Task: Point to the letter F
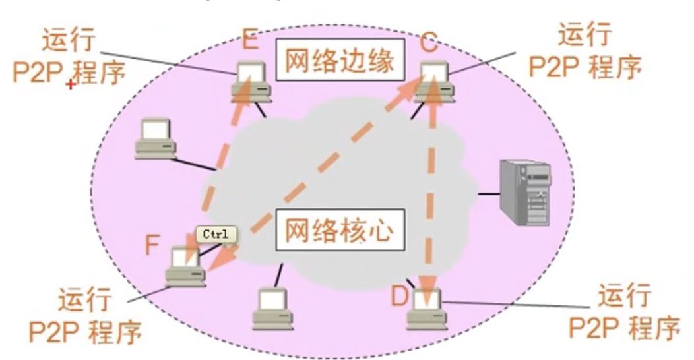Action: (152, 245)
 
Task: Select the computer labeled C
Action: (433, 82)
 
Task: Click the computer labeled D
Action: (426, 310)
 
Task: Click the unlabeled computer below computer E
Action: (155, 139)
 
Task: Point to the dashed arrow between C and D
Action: (432, 191)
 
